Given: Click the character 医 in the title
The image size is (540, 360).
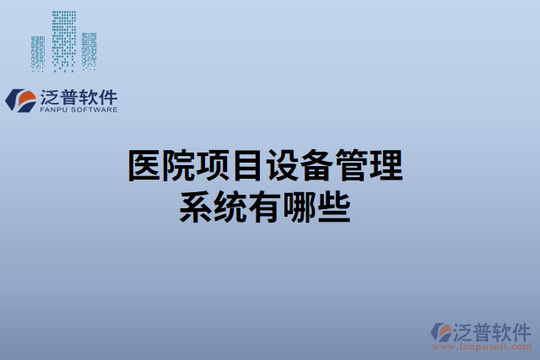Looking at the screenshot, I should pyautogui.click(x=145, y=166).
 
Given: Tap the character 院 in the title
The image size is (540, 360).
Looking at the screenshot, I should pyautogui.click(x=180, y=166).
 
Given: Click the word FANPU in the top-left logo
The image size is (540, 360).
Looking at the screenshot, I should pyautogui.click(x=55, y=109).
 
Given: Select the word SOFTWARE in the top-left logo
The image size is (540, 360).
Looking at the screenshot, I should pyautogui.click(x=94, y=109).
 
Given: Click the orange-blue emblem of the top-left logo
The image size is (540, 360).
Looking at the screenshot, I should pyautogui.click(x=20, y=99).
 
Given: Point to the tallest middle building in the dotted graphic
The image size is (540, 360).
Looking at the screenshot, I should pyautogui.click(x=63, y=40).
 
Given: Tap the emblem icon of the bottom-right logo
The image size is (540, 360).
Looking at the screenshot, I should pyautogui.click(x=441, y=331).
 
